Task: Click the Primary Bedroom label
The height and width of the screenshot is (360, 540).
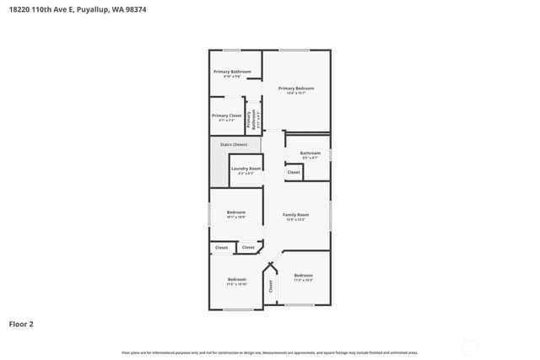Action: pos(296,89)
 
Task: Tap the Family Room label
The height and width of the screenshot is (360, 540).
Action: pos(295,215)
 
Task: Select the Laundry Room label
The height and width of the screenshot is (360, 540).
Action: pos(246,169)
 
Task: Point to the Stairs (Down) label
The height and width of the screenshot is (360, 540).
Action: pos(234,144)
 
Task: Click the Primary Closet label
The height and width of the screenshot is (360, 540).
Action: pos(226,116)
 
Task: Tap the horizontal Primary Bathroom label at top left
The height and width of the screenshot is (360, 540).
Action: pos(232,72)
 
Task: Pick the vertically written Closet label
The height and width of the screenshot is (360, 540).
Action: pos(271,286)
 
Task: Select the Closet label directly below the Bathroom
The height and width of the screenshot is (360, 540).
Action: pos(294,172)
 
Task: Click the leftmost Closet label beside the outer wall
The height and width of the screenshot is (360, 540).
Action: pos(221,248)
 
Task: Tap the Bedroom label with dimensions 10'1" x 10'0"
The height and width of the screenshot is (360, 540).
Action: pos(235,212)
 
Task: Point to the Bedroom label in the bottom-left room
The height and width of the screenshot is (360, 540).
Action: pos(236,279)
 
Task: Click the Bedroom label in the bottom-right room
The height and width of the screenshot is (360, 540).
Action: pos(304,276)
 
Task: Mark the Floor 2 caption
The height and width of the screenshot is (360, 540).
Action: pos(21,323)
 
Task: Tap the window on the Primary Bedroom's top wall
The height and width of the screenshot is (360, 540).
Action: pos(294,51)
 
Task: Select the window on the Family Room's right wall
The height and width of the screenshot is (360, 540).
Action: pos(331,215)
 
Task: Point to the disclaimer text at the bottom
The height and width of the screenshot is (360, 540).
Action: pos(269,352)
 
